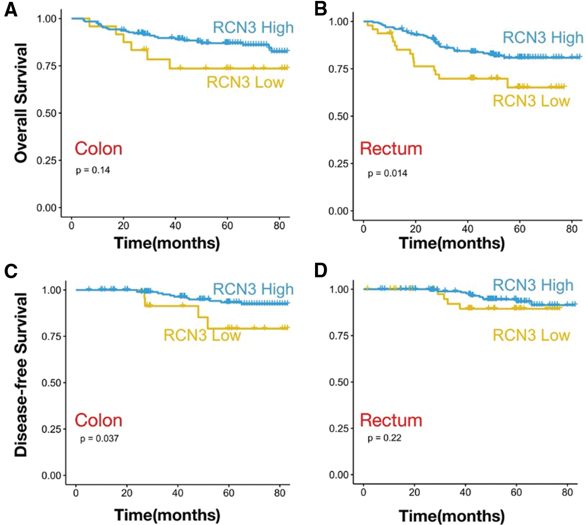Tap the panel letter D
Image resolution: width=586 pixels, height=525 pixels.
321,271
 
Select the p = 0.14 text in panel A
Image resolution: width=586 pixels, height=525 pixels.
93,170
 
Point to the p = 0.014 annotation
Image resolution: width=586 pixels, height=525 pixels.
387,174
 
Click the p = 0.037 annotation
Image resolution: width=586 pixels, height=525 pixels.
99,439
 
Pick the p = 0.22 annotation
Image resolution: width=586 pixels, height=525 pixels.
384,438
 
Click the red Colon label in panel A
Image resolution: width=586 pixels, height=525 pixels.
98,149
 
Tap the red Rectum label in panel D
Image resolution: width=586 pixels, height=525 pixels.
391,420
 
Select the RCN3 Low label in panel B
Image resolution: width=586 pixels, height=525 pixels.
531,101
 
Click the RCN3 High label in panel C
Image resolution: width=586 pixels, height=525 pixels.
253,289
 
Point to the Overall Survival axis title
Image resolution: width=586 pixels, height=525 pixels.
21,103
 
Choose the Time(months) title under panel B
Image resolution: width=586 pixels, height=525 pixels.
451,243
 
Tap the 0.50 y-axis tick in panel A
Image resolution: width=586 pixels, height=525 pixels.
46,113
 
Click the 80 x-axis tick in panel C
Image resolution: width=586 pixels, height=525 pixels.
279,493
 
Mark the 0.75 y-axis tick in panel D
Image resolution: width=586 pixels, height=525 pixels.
339,335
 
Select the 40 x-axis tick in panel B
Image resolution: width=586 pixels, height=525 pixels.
467,229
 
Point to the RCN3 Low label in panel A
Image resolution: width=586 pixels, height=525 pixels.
245,82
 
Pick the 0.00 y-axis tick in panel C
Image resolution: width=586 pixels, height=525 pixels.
51,476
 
